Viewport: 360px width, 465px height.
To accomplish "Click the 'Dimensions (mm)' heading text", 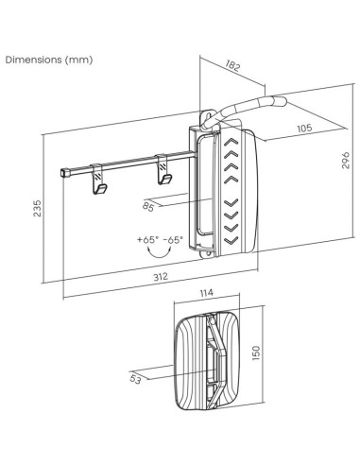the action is coord(49,60).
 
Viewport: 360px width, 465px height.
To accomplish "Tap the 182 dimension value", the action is coord(232,66).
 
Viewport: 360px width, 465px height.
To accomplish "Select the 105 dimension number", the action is coord(304,128).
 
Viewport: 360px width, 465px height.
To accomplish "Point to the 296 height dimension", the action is coord(346,160).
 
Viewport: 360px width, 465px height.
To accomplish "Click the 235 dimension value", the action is coord(37,208).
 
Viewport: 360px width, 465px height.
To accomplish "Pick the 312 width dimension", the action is coord(161,277).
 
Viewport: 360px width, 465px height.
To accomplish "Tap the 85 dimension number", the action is coord(148,207).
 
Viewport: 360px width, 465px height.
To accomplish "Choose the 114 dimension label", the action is coord(207,293).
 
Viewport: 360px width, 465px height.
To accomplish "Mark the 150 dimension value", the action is coord(257,353).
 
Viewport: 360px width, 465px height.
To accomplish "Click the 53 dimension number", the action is coord(135,379).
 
